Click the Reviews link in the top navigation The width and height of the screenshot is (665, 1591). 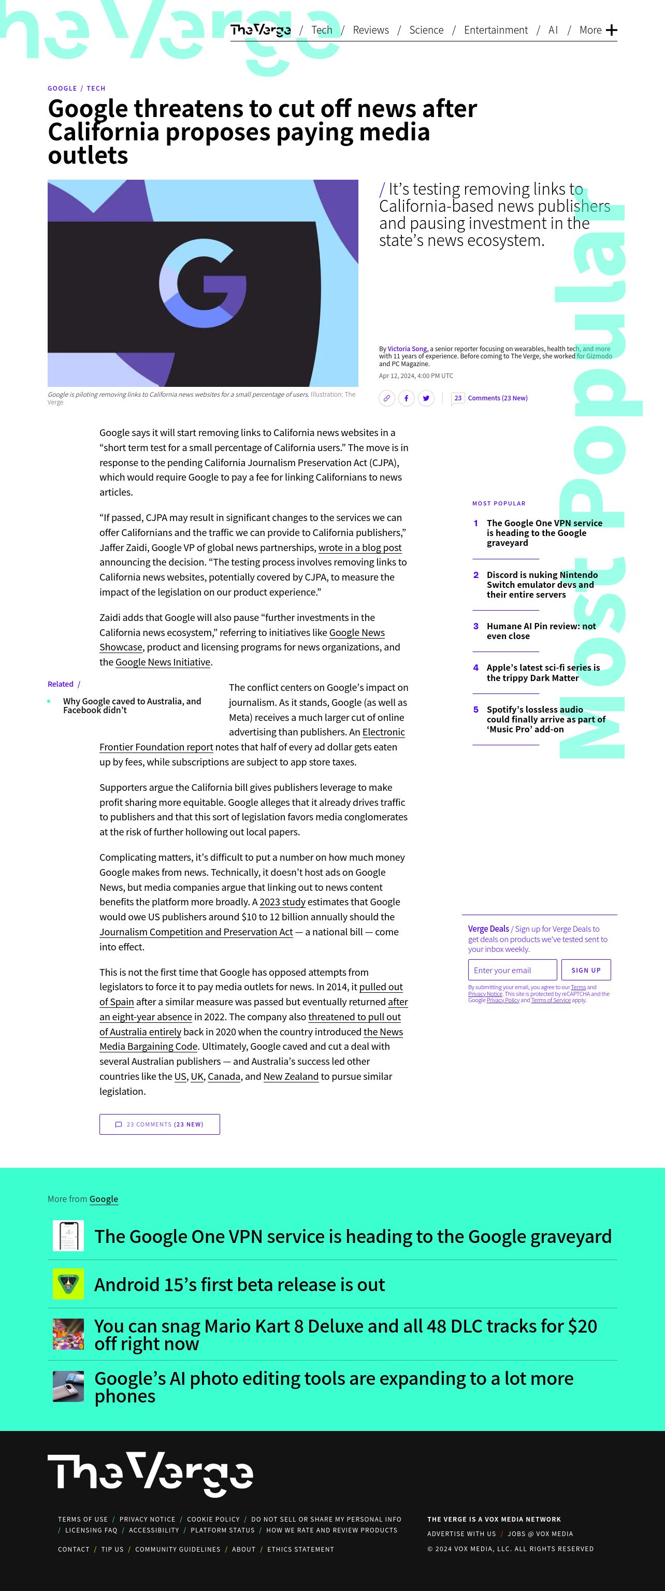point(370,30)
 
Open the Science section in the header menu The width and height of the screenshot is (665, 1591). point(426,30)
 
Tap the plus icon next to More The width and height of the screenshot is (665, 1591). point(611,30)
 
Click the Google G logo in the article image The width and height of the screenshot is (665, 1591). point(203,283)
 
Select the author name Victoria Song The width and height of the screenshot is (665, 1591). point(407,349)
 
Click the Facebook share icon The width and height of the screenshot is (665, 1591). point(406,398)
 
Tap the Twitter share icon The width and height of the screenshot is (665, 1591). point(426,398)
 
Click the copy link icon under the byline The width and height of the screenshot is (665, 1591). point(386,398)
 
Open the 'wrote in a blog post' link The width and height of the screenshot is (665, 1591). point(359,548)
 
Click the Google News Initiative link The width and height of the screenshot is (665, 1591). point(163,662)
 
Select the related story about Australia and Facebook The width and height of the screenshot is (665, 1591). point(132,705)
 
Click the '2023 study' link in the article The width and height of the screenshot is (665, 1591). point(282,902)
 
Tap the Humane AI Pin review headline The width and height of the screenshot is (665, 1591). point(541,631)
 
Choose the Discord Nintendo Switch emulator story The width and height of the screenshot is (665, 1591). point(541,584)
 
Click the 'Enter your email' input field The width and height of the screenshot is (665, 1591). point(512,970)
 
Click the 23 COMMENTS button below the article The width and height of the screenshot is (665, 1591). point(160,1124)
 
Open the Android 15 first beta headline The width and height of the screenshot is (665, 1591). point(239,1284)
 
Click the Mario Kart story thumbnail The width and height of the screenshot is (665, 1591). point(68,1334)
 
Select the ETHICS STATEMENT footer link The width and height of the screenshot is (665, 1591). point(300,1549)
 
